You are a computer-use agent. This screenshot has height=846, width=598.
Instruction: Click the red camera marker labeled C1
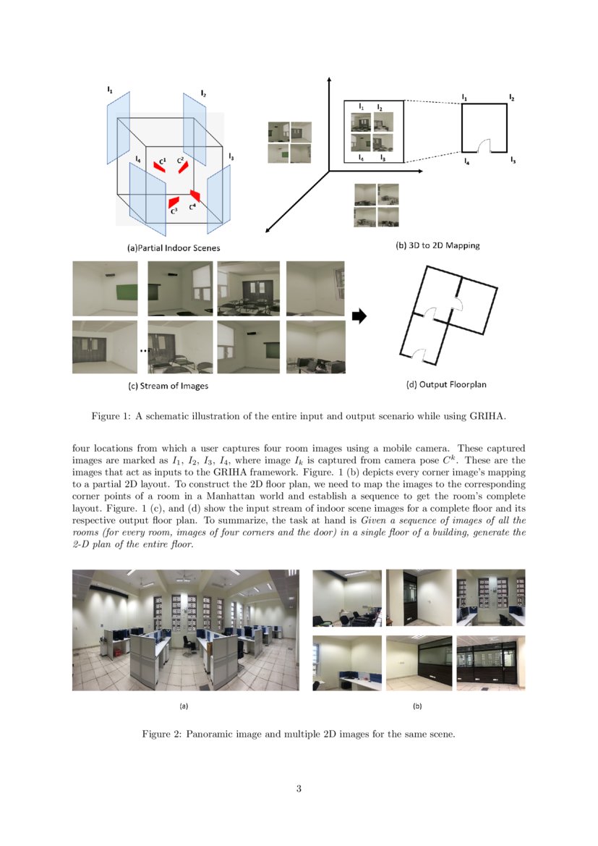[158, 166]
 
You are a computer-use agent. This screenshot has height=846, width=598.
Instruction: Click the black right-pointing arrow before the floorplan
[359, 316]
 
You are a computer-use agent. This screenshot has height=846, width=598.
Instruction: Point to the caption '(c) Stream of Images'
[168, 386]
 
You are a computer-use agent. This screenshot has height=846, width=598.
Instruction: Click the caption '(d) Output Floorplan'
[451, 384]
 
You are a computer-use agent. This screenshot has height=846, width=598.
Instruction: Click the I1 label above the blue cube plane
[109, 90]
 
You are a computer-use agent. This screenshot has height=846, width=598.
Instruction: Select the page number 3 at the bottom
[299, 788]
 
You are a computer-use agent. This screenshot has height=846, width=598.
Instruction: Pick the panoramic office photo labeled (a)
[185, 630]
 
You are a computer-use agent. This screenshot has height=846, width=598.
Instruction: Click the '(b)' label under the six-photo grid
[417, 705]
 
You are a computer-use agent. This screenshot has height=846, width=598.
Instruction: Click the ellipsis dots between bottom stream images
[143, 350]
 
